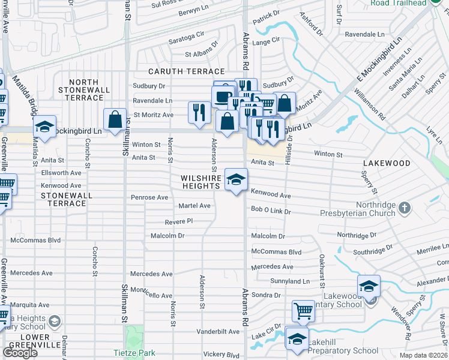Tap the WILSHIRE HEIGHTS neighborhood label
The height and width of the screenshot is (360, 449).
pos(200,182)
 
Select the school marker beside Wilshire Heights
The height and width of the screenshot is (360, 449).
pos(236,179)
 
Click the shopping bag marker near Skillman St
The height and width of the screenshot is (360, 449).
pos(115,119)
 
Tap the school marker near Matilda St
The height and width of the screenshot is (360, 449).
pos(44,127)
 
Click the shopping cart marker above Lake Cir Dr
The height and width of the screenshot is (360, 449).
pos(303,311)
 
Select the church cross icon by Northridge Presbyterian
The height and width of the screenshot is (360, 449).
pos(405,207)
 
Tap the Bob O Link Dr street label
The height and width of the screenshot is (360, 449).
pos(271,211)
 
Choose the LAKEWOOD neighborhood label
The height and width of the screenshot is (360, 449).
pos(387,163)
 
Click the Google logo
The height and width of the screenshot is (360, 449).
pos(20,353)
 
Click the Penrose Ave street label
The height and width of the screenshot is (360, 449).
pos(149,197)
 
